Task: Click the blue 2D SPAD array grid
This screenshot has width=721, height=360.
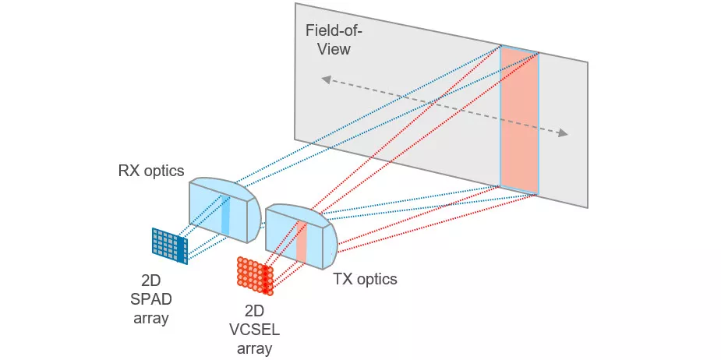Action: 169,245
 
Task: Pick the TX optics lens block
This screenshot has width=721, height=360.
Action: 301,237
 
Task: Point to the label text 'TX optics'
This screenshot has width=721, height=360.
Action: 365,278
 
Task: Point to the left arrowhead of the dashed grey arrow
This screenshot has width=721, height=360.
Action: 327,79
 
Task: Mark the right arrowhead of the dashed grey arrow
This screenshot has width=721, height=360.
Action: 563,134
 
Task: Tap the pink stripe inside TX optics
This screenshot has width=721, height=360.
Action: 302,242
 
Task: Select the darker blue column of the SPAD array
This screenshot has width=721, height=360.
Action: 184,248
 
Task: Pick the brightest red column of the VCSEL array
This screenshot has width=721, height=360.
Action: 269,279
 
